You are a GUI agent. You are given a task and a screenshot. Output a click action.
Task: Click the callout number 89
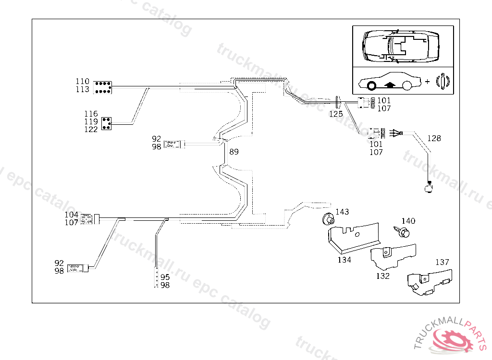point(234,152)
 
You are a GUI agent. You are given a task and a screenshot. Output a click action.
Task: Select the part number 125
point(336,114)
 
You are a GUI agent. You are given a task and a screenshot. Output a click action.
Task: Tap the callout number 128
point(434,138)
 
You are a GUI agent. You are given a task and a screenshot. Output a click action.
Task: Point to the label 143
point(342,212)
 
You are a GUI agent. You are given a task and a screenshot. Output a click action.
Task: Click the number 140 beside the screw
point(408,221)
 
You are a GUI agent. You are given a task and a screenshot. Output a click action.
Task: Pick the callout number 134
point(344,260)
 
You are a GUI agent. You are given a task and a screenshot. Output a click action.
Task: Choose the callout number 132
point(382,276)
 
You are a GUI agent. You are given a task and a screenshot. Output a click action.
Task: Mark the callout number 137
point(442,262)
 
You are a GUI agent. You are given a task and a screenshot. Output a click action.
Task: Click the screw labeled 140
point(402,233)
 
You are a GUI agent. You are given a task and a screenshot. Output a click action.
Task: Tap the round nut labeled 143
point(327,219)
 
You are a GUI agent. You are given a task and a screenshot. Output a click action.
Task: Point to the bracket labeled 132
point(392,254)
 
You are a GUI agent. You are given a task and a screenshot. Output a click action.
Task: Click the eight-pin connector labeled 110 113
point(102,87)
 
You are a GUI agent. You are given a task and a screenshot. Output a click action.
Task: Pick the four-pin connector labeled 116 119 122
point(107,122)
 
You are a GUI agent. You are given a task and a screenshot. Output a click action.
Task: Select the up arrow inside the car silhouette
point(390,85)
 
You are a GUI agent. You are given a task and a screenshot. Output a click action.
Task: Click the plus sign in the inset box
point(427,82)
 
